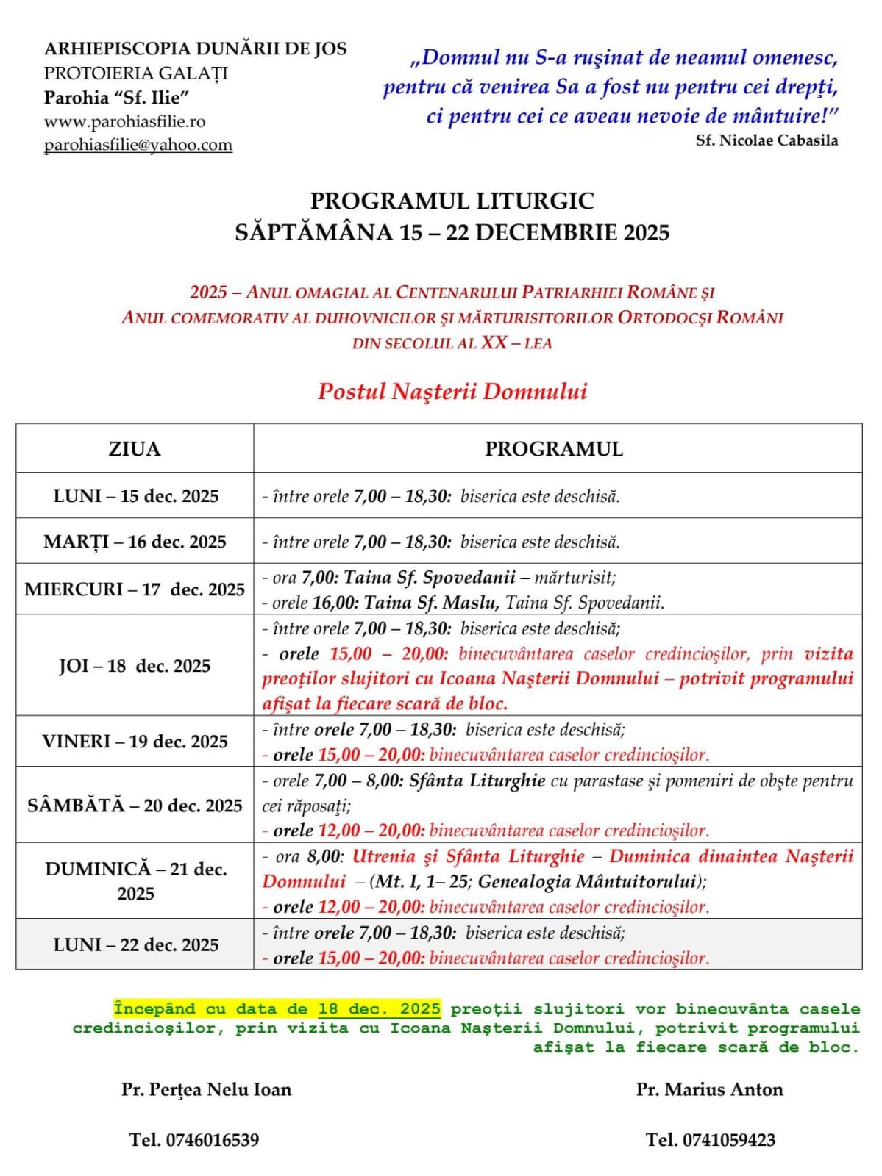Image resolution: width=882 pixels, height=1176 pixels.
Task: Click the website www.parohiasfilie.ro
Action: click(124, 121)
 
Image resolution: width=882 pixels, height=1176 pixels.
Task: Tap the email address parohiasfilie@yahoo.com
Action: click(138, 145)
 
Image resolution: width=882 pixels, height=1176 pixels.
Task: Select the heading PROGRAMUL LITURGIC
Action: click(452, 201)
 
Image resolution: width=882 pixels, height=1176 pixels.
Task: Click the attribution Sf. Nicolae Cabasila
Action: click(767, 140)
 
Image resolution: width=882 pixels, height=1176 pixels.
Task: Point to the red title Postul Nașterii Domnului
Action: click(452, 391)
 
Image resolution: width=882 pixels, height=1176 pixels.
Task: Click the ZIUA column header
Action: click(135, 448)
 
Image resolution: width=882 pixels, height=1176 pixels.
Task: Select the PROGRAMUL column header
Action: click(554, 449)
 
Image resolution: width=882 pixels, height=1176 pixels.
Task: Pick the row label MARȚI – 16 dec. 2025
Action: click(135, 542)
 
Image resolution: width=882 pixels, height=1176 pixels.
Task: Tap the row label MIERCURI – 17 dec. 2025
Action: click(135, 589)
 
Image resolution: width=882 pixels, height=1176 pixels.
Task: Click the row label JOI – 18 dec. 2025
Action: click(135, 666)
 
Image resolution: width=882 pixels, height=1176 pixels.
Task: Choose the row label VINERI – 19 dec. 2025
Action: click(135, 742)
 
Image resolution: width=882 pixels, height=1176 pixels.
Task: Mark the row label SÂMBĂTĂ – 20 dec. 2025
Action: click(135, 806)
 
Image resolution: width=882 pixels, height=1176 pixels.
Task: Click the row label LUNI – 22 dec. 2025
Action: click(135, 944)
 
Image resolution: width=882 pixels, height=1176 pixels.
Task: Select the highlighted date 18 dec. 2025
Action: click(379, 1009)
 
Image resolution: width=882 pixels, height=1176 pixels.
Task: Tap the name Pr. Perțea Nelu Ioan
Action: click(207, 1089)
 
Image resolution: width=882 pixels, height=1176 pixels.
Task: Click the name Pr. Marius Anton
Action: click(709, 1089)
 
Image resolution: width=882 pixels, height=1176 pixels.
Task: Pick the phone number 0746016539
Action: click(213, 1140)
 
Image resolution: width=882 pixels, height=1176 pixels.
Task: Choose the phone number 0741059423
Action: click(728, 1140)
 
